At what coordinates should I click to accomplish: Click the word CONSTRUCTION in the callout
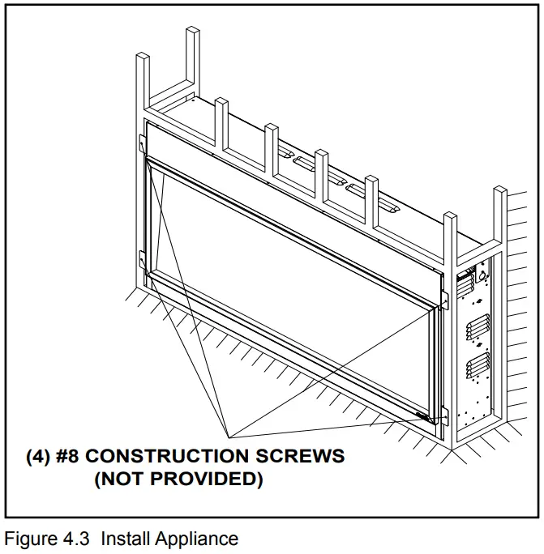(178, 455)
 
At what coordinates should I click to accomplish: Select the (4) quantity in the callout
(41, 455)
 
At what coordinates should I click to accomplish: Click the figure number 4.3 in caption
(78, 539)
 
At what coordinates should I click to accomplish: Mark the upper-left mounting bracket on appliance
(142, 143)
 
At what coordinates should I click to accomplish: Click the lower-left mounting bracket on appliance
(143, 262)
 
